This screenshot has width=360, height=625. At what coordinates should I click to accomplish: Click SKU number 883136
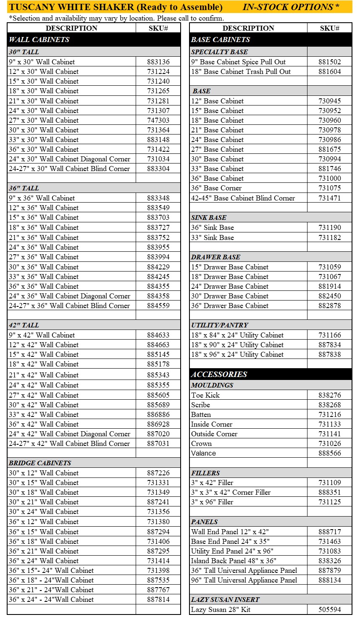point(158,62)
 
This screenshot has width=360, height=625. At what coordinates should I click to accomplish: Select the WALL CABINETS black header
point(39,40)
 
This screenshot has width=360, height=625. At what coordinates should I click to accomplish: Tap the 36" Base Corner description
point(216,188)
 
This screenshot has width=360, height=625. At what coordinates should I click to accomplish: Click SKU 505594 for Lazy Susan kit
point(330,609)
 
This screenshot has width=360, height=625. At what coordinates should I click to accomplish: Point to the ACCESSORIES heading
point(219,374)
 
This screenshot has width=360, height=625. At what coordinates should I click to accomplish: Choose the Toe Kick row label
point(205,395)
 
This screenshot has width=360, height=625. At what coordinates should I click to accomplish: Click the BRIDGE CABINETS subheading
point(40,463)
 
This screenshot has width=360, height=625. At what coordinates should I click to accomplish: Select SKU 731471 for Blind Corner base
point(330,198)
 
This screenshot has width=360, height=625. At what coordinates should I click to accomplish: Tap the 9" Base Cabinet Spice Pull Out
point(238,62)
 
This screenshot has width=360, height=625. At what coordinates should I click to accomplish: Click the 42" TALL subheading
point(24,325)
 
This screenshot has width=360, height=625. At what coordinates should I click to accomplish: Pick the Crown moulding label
point(202,443)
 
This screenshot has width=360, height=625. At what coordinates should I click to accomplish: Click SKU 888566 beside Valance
point(330,453)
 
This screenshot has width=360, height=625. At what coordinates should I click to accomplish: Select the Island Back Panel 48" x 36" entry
point(234,561)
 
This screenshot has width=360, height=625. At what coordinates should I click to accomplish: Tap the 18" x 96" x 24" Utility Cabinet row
point(237,354)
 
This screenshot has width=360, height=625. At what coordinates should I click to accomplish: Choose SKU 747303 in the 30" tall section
point(158,120)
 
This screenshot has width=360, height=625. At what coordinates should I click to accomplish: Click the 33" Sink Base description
point(213,237)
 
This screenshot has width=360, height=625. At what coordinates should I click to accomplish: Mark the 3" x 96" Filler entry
point(212,502)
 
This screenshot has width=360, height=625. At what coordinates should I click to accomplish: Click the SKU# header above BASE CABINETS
point(330,28)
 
